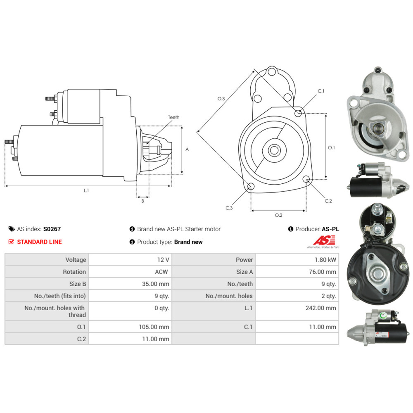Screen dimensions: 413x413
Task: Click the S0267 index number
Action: [x=52, y=229]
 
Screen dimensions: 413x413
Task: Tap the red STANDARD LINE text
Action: [x=39, y=242]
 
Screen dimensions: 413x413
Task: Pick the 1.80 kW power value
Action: [x=325, y=260]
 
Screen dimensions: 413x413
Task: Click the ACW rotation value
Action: [x=161, y=272]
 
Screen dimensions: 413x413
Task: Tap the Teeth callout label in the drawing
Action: [x=173, y=117]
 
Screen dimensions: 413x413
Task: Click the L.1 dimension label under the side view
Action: [x=86, y=190]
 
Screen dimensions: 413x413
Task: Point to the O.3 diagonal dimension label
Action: [x=221, y=99]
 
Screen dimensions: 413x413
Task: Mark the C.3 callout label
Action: [x=229, y=208]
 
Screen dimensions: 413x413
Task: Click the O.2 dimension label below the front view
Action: [x=278, y=215]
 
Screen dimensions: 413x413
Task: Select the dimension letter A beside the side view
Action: [x=187, y=150]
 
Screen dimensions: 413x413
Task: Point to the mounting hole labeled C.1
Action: [x=298, y=112]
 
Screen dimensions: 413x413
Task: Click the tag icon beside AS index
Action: [x=11, y=229]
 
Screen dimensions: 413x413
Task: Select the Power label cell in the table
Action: [x=244, y=260]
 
